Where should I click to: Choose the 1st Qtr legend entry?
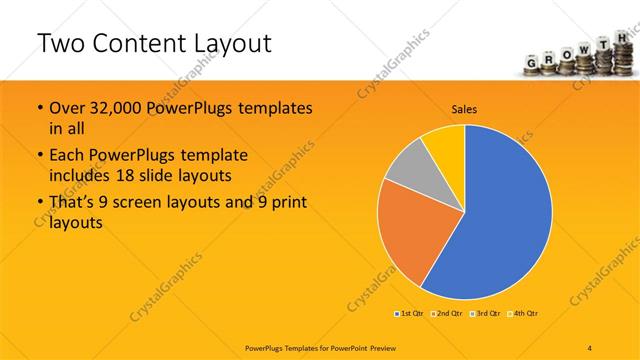[410, 314]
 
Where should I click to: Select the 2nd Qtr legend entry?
[446, 314]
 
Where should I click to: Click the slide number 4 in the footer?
[590, 346]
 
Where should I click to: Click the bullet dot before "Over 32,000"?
[39, 108]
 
